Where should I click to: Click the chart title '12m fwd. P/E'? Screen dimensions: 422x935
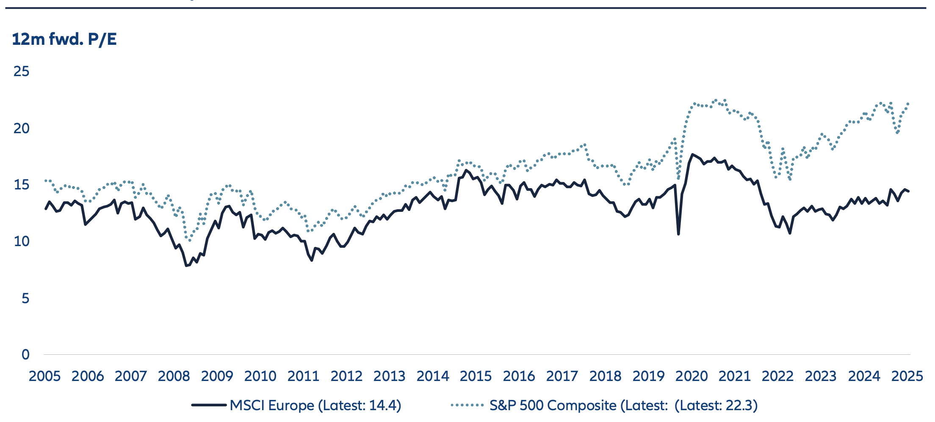(64, 39)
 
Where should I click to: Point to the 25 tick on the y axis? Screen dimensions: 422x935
(21, 71)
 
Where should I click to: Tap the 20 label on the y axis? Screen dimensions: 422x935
(21, 128)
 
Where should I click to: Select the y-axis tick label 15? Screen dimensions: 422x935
(21, 185)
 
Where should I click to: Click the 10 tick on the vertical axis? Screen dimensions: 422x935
(21, 241)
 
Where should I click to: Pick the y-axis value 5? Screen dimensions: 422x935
(25, 299)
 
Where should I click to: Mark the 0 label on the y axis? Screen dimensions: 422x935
(25, 355)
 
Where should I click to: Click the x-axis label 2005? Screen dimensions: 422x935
(44, 376)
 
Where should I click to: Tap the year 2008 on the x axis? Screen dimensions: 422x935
(174, 376)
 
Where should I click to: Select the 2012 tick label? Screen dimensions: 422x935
(346, 376)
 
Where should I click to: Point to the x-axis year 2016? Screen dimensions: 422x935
(519, 376)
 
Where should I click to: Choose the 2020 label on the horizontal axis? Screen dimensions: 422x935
(691, 376)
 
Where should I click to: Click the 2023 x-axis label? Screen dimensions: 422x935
(821, 376)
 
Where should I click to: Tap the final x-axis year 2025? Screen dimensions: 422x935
(907, 376)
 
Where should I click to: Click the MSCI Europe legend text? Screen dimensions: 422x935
(315, 406)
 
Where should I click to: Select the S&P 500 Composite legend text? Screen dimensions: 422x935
(623, 406)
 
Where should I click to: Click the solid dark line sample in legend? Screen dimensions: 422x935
(209, 405)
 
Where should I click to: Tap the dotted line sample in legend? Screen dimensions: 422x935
(467, 405)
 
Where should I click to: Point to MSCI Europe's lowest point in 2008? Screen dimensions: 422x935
(186, 266)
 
